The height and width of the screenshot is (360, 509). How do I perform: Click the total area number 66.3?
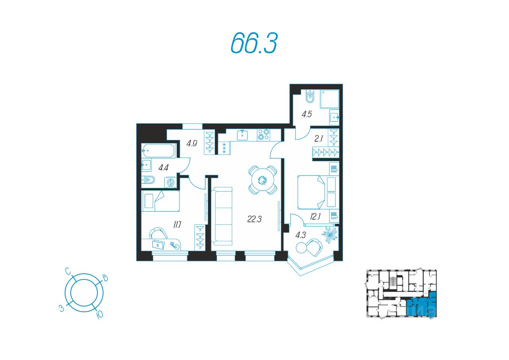253,43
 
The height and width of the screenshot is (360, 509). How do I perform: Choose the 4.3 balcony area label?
301,235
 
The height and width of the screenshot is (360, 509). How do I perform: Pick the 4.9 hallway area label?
192,143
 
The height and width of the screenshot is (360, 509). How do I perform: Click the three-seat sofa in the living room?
221,216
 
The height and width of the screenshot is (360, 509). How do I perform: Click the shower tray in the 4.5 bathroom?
329,99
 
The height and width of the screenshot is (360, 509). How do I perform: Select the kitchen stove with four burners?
263,134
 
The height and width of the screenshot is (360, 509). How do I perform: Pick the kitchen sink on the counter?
243,135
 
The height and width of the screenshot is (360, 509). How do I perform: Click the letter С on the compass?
69,272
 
